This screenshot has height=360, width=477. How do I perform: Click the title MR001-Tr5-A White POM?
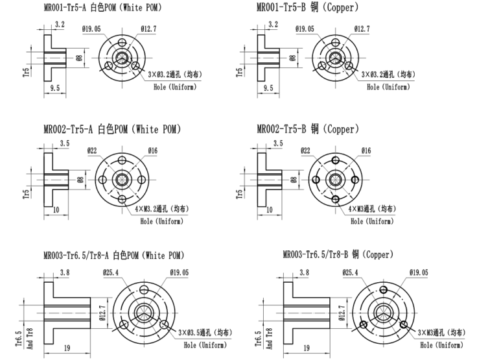tap(102, 7)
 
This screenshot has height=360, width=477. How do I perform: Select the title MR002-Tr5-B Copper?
tap(308, 129)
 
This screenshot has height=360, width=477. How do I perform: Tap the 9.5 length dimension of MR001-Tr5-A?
tap(55, 88)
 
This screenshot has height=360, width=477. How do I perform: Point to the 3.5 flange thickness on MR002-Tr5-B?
tap(278, 143)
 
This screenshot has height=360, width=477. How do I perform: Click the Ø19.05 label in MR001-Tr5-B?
tap(305, 29)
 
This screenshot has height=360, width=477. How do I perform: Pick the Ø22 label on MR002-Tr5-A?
tap(92, 150)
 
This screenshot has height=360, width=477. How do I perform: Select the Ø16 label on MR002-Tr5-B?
tap(366, 150)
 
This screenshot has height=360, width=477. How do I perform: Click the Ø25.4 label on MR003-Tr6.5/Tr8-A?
tap(111, 272)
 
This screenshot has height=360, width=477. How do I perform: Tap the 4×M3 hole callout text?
tap(372, 209)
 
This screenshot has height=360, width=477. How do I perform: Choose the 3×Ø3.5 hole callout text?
tap(205, 332)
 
